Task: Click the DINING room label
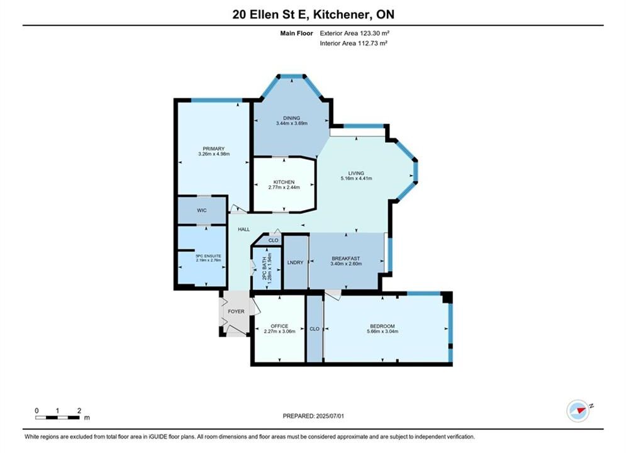[291, 118]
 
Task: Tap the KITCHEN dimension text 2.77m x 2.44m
[284, 187]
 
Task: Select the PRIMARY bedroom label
[213, 148]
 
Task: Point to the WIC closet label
[201, 210]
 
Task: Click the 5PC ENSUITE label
[208, 256]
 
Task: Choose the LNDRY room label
[296, 262]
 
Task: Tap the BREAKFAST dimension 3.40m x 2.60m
[346, 264]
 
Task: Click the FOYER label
[236, 311]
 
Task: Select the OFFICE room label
[279, 326]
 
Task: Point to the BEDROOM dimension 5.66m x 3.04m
[383, 332]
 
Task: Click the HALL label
[244, 229]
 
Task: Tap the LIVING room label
[356, 173]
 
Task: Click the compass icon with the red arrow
[578, 411]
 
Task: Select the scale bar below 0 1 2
[57, 418]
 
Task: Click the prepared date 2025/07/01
[330, 416]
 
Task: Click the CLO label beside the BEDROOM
[315, 329]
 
